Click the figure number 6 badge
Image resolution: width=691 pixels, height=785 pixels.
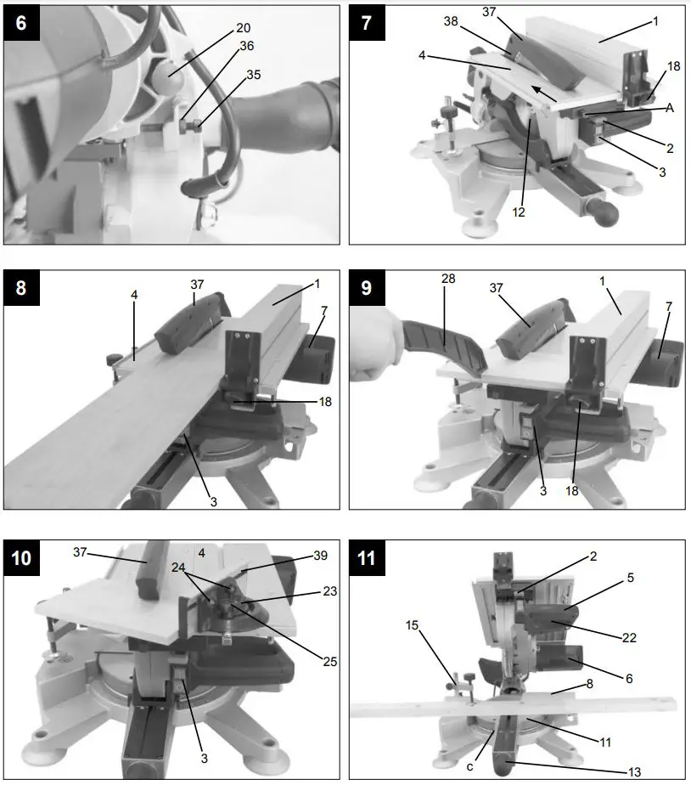[21, 22]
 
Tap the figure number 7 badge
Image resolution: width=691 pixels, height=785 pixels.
[367, 22]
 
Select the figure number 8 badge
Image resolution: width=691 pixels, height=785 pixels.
[21, 288]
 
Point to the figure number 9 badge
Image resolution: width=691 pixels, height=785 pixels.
[367, 288]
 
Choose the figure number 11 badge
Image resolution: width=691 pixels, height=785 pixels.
[368, 557]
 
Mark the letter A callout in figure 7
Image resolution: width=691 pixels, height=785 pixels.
[671, 108]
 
